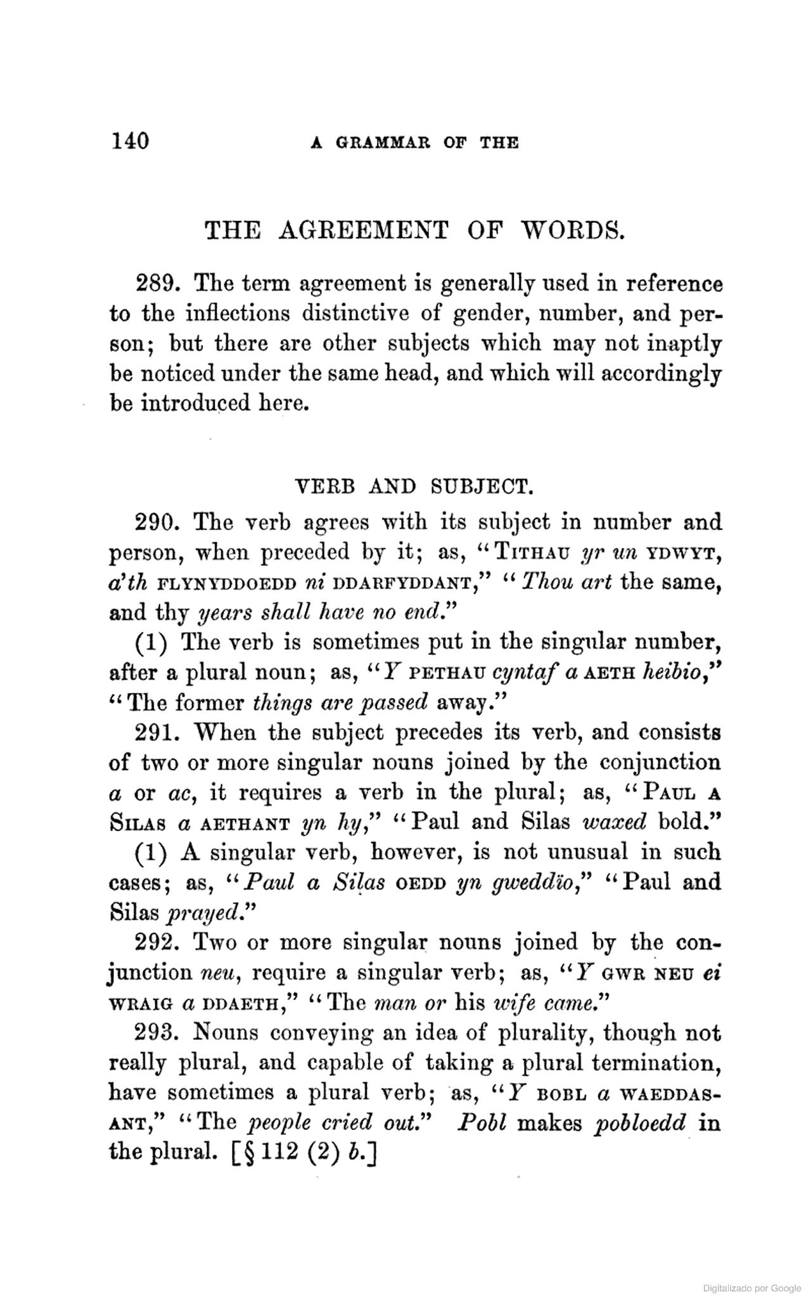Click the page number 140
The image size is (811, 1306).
[130, 141]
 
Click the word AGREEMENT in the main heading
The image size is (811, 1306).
[364, 230]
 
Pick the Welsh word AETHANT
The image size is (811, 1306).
[245, 823]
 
